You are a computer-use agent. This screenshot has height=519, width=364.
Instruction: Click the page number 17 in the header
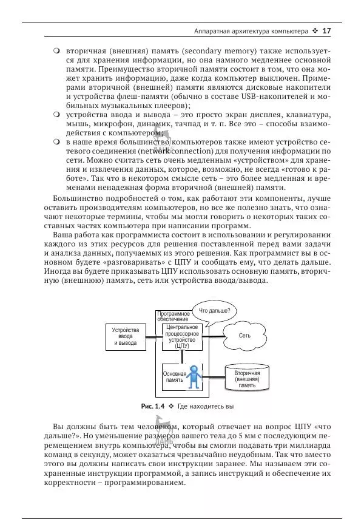326,30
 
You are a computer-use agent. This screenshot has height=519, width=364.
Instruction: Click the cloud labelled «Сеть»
244,335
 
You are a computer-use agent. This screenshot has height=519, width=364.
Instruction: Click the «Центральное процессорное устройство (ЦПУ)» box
182,337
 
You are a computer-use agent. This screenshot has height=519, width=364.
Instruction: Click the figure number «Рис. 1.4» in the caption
153,405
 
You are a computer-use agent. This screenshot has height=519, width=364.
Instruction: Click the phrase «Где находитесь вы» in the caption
206,405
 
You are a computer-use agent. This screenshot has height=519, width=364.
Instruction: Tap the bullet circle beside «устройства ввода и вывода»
56,114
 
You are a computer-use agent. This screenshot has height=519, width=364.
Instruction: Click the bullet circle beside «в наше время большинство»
56,141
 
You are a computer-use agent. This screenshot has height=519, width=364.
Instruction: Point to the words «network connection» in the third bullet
211,152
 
